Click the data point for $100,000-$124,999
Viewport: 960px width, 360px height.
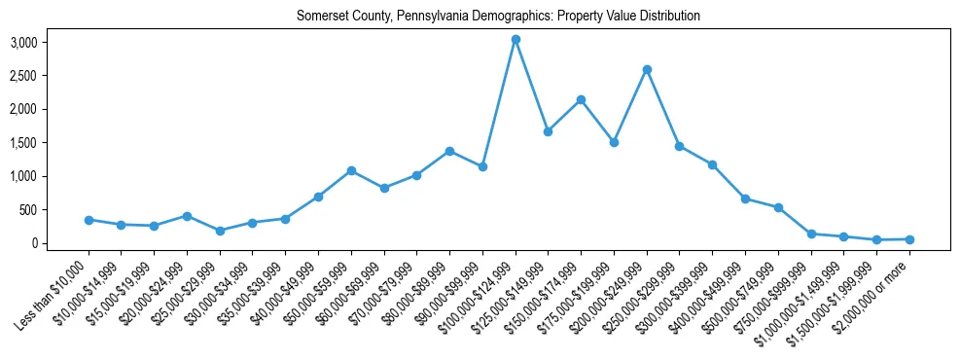pyautogui.click(x=516, y=39)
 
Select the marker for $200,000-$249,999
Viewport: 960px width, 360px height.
pyautogui.click(x=647, y=69)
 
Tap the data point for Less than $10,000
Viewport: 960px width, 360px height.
pyautogui.click(x=89, y=220)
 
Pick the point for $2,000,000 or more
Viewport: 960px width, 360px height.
pyautogui.click(x=909, y=239)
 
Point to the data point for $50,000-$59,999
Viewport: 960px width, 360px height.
pyautogui.click(x=351, y=170)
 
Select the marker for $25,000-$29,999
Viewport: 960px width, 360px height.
pyautogui.click(x=220, y=231)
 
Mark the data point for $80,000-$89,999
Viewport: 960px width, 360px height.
pyautogui.click(x=449, y=151)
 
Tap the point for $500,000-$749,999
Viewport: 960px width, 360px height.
pyautogui.click(x=778, y=207)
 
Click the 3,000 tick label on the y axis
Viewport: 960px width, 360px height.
pyautogui.click(x=23, y=43)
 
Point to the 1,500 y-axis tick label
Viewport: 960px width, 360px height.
pyautogui.click(x=23, y=143)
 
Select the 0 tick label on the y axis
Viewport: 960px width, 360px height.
pyautogui.click(x=33, y=243)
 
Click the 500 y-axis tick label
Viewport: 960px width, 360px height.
pyautogui.click(x=27, y=210)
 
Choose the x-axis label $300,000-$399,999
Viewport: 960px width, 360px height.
pyautogui.click(x=678, y=289)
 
